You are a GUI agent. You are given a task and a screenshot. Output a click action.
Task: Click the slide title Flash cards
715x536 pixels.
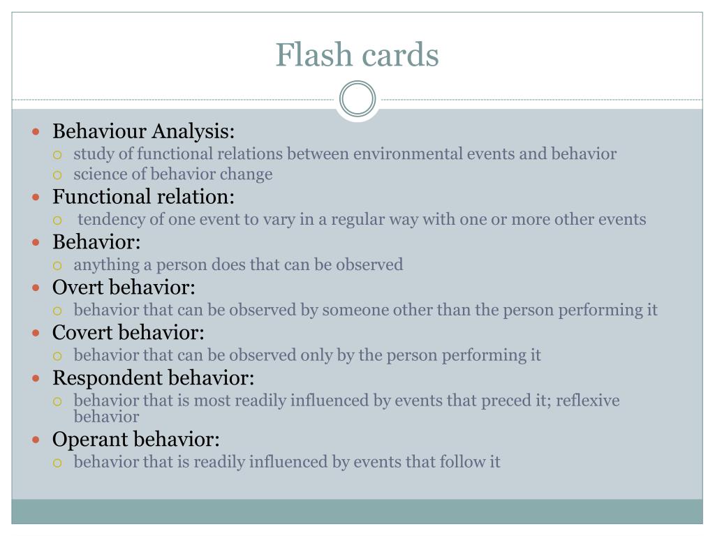(357, 54)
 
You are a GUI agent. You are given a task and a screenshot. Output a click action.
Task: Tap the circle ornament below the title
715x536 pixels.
(357, 99)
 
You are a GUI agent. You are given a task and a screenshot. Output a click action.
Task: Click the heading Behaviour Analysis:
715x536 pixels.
(144, 131)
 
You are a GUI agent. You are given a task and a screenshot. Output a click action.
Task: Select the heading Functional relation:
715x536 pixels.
(144, 197)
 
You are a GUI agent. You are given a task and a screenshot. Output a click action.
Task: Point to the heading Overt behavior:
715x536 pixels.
(124, 288)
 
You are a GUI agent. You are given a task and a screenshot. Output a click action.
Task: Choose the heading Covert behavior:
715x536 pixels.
(128, 333)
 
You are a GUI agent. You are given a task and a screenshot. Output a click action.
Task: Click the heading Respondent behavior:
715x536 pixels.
(154, 378)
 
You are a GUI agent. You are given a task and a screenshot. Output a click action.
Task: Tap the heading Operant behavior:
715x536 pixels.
(136, 440)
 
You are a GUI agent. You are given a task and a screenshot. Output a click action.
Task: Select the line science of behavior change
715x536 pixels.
(173, 174)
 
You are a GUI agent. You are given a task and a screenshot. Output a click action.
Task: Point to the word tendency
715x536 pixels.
(111, 219)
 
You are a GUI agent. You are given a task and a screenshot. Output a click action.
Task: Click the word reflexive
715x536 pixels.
(588, 401)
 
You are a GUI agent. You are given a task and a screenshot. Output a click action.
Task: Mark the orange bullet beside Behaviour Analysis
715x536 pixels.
(37, 132)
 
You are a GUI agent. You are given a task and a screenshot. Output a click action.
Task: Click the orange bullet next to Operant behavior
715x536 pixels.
(37, 440)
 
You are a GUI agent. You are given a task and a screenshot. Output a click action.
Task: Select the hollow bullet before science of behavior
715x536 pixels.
(59, 175)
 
